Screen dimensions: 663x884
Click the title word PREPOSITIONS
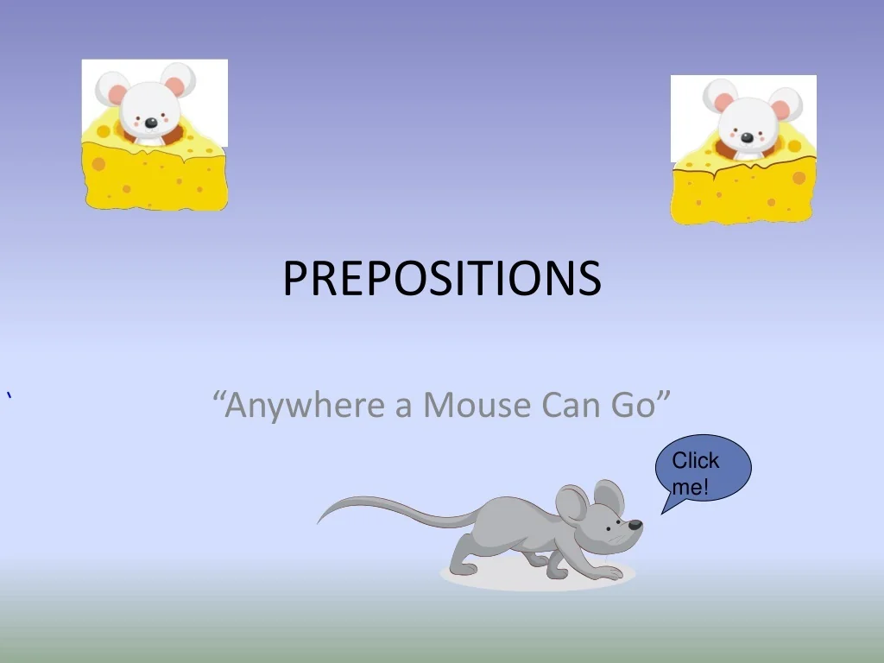click(x=441, y=278)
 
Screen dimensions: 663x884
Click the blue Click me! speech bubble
click(x=703, y=471)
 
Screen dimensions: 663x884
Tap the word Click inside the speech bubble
click(x=695, y=460)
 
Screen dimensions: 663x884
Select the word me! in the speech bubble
click(x=690, y=487)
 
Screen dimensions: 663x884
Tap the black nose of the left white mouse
click(x=151, y=123)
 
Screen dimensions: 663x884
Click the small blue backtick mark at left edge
click(x=9, y=396)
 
